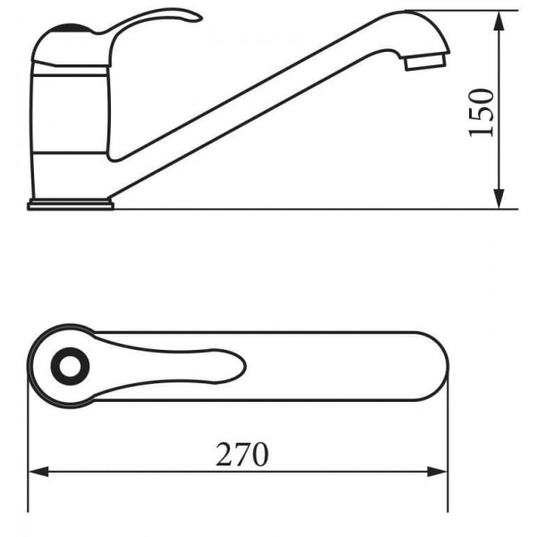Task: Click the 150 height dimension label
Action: click(482, 113)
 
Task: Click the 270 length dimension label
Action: click(243, 455)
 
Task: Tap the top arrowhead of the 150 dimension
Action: click(499, 21)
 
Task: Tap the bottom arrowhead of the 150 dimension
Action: click(499, 198)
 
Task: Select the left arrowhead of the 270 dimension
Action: click(38, 472)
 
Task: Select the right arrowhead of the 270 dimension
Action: click(438, 472)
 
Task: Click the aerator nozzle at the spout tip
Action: click(426, 62)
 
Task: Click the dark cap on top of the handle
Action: click(72, 28)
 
